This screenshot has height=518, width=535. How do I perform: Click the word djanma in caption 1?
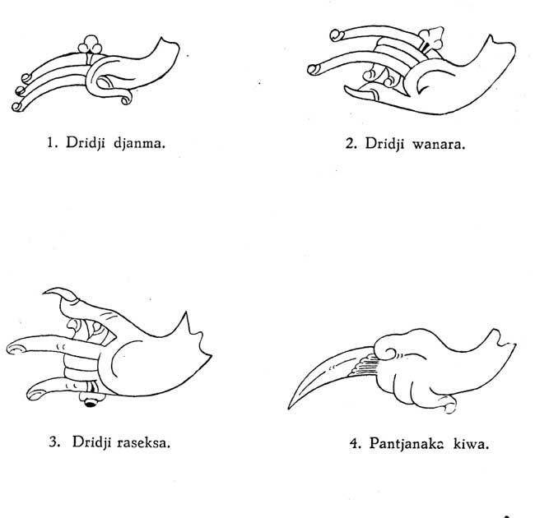(139, 143)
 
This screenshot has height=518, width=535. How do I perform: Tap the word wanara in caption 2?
(439, 144)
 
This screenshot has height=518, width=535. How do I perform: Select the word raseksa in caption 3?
(143, 442)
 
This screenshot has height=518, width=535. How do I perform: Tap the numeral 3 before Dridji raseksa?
(54, 442)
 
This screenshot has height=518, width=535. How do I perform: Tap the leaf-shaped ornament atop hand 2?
(431, 38)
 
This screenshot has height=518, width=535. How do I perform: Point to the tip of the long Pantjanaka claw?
(289, 408)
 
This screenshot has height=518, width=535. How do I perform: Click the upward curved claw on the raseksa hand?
(62, 294)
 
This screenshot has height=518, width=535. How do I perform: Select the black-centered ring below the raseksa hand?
(91, 401)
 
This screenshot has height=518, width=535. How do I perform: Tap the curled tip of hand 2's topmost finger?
(337, 35)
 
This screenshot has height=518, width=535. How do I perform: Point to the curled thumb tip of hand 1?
(127, 99)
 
